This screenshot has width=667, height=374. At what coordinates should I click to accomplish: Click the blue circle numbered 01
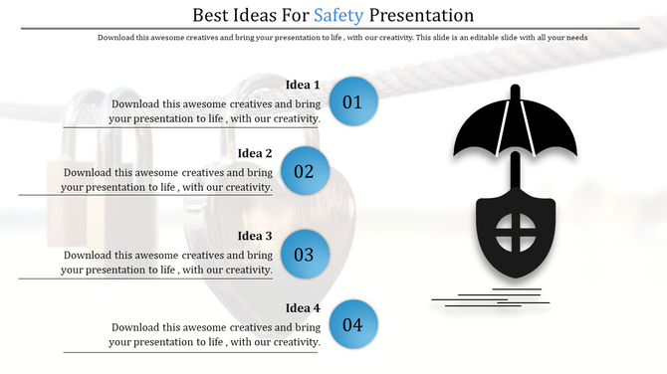click(x=352, y=101)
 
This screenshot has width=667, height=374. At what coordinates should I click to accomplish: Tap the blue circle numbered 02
click(x=304, y=171)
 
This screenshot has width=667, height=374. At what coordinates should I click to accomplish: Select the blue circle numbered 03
click(x=304, y=255)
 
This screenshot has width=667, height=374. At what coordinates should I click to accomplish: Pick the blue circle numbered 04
click(x=352, y=324)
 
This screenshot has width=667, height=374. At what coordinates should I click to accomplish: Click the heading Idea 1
click(x=303, y=85)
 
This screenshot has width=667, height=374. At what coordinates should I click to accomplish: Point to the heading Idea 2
click(x=255, y=153)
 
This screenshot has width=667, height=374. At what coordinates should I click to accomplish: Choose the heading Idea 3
click(x=255, y=237)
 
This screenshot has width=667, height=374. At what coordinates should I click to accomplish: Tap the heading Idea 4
click(x=303, y=307)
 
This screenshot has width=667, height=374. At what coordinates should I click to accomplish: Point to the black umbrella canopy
click(x=515, y=129)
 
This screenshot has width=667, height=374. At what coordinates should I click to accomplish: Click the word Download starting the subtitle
click(x=118, y=38)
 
